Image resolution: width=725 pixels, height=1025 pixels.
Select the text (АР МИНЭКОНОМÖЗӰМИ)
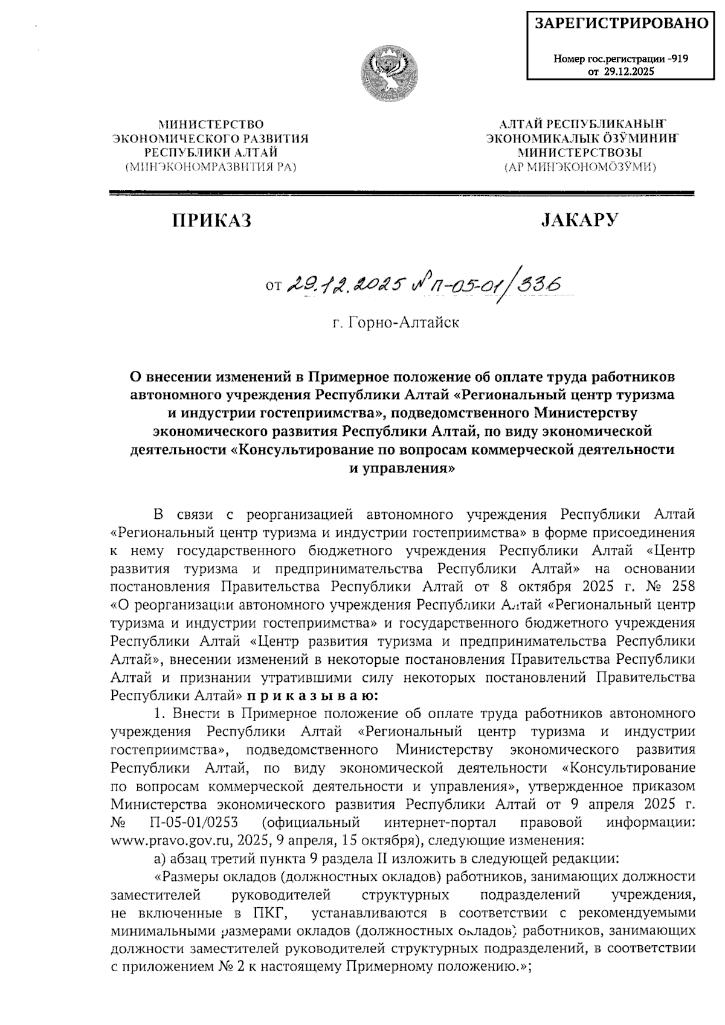click(580, 167)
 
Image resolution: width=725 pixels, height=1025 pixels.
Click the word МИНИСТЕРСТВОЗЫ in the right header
click(580, 152)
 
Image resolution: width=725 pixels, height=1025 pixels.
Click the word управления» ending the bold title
click(402, 468)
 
